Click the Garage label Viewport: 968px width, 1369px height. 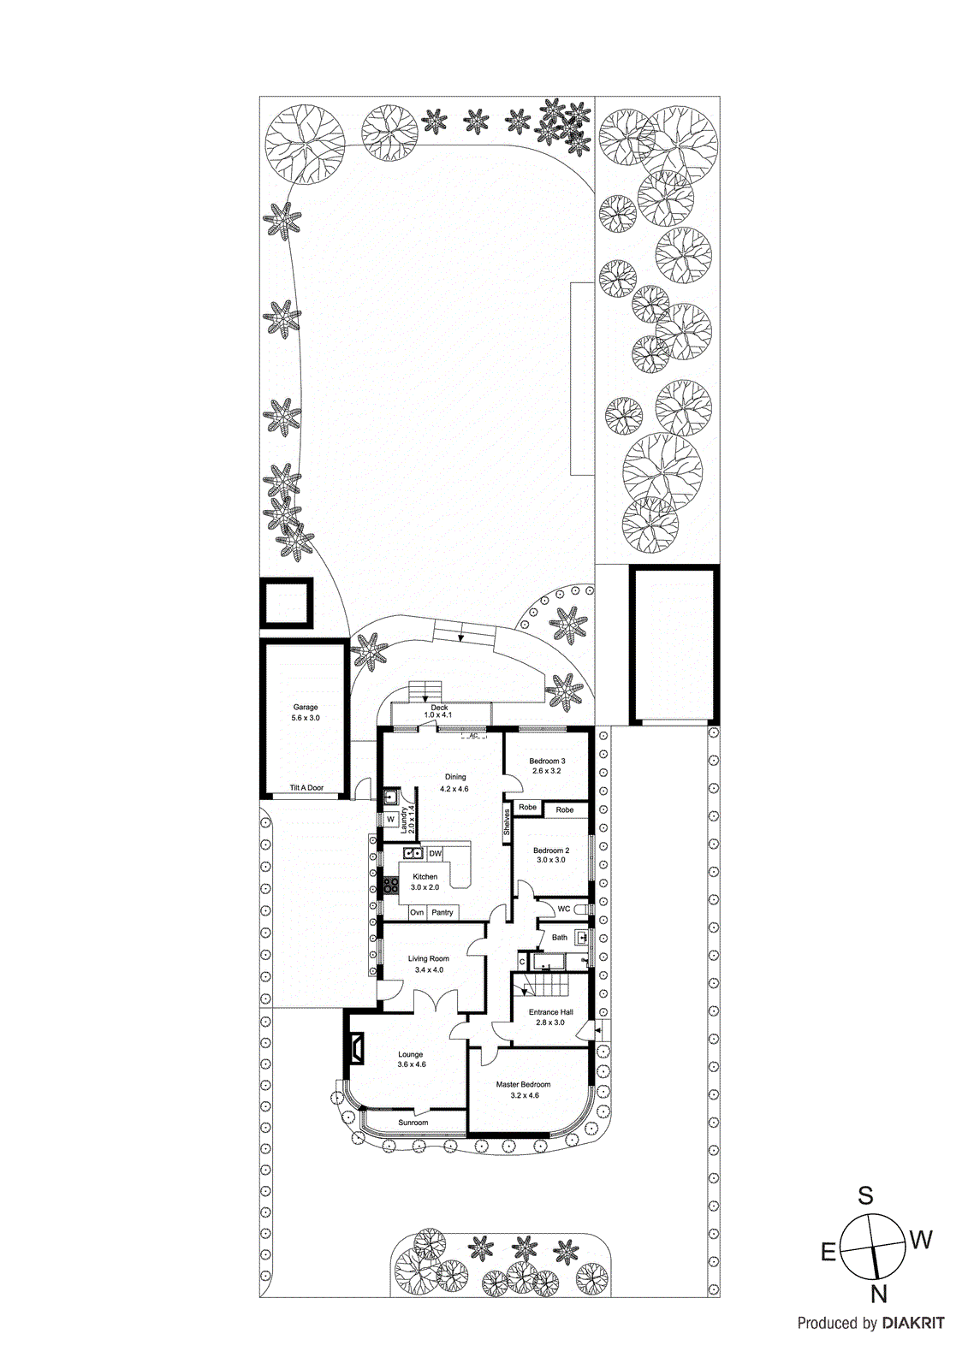(306, 708)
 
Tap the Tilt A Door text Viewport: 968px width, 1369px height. (306, 788)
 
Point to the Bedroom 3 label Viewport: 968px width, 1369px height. (547, 761)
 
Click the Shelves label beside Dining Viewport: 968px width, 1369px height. (507, 822)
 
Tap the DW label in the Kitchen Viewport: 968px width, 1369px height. (436, 854)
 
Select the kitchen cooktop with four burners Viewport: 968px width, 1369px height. (391, 886)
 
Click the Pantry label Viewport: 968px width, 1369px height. (442, 913)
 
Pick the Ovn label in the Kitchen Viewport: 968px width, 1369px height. (417, 913)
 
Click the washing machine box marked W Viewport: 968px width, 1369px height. (390, 820)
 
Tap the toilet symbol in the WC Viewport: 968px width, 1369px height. (580, 909)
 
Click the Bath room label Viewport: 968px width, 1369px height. (559, 938)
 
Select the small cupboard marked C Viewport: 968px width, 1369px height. (522, 963)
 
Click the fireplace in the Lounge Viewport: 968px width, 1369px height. (355, 1047)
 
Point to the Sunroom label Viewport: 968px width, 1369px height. (413, 1123)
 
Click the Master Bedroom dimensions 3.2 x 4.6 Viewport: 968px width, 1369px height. (524, 1095)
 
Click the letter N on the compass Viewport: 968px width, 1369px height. (879, 1293)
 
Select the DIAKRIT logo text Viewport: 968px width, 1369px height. (912, 1324)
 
